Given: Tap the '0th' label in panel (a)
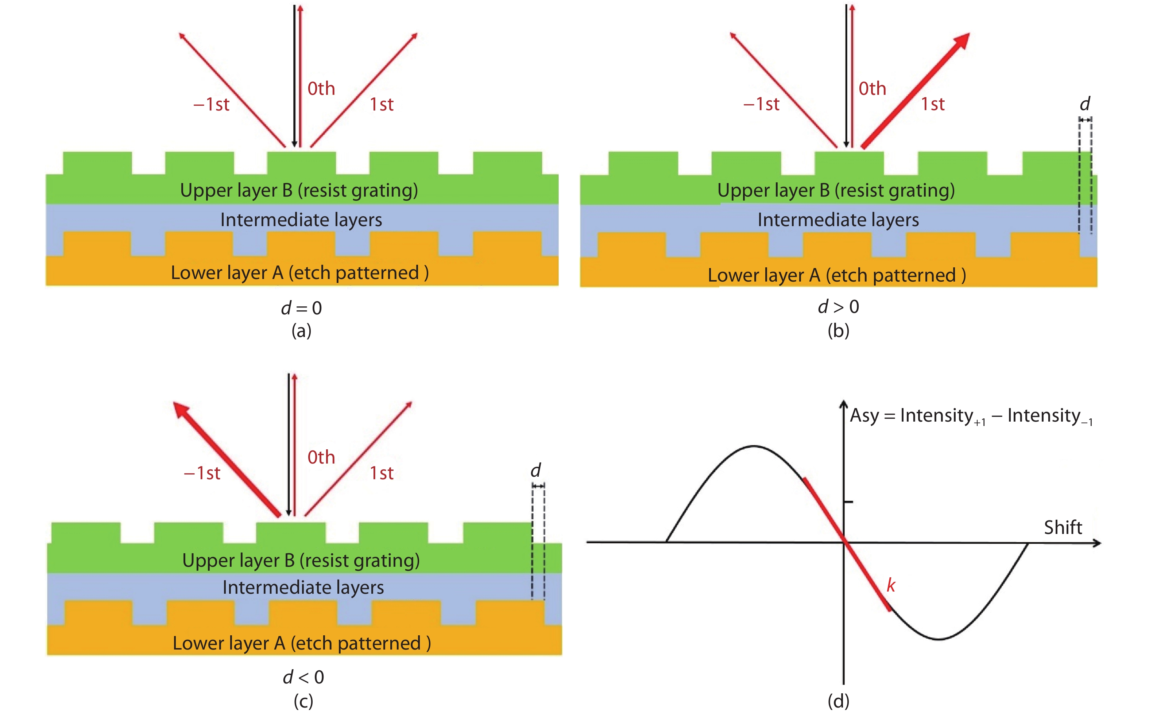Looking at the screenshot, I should (x=321, y=89).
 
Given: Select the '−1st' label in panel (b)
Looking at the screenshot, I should (x=761, y=104).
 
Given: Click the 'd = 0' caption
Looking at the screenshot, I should (x=301, y=308).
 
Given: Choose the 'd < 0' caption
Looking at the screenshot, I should (x=303, y=677).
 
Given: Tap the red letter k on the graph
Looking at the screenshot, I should (x=891, y=585).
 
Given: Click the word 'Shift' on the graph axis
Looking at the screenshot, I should (x=1063, y=527).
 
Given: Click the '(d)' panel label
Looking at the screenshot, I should (x=838, y=701).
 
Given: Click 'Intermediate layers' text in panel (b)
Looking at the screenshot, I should (x=838, y=220).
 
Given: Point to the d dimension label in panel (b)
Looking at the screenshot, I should (x=1085, y=104).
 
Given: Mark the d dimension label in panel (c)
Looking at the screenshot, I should (x=535, y=470).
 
